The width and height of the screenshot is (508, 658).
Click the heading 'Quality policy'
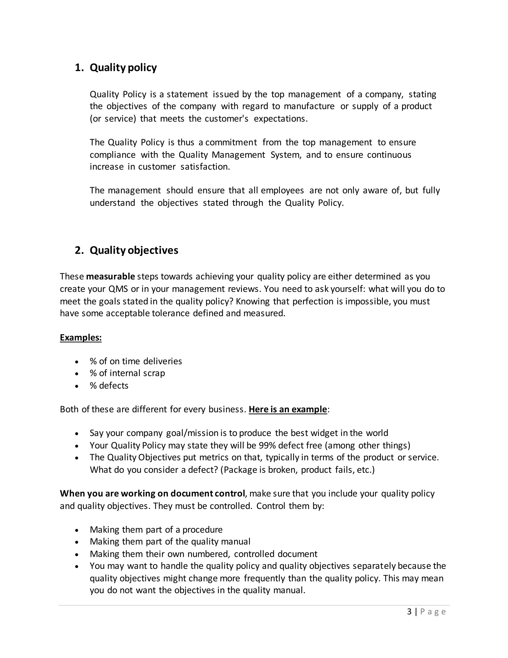pos(123,68)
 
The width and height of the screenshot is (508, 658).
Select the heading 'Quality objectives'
pos(134,250)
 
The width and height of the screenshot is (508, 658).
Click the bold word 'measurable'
pos(110,276)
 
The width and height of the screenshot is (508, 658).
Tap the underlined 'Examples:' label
pos(81,337)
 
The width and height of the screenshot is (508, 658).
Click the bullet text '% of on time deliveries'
pos(136,361)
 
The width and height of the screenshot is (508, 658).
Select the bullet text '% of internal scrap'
pos(127,373)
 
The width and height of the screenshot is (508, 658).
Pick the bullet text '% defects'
pos(109,386)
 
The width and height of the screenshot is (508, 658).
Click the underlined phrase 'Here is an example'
pos(288,409)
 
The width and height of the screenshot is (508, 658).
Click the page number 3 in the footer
pos(409,612)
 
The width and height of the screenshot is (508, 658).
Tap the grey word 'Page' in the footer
pos(433,612)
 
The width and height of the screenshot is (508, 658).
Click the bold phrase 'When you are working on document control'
pos(152,494)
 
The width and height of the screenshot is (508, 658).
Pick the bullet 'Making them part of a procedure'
pos(156,530)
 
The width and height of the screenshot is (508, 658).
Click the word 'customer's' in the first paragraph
pos(227,119)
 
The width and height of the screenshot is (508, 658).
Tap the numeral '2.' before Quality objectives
pos(79,250)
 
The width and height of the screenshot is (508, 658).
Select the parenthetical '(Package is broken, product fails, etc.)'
pos(297,470)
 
